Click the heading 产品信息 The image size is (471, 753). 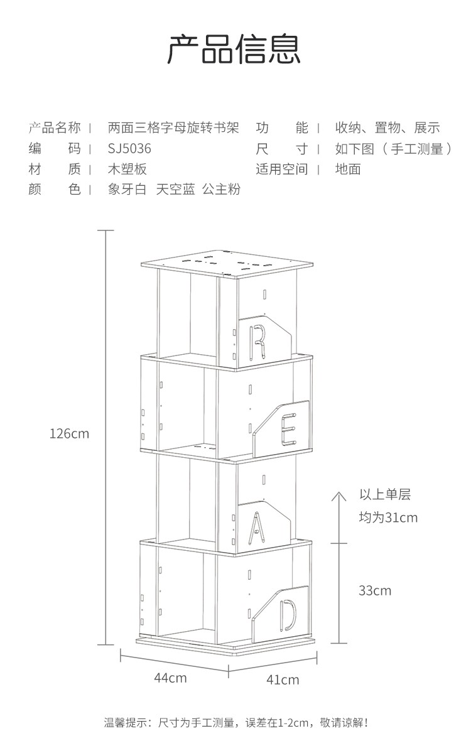tap(234, 50)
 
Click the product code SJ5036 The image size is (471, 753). tap(129, 149)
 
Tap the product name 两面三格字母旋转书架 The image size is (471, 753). tap(173, 128)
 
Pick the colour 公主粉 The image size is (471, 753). tap(221, 189)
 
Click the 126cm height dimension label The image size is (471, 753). tap(70, 433)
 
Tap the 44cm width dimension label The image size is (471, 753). tap(170, 678)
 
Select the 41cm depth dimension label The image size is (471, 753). tap(283, 680)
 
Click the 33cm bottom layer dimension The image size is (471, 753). tap(375, 590)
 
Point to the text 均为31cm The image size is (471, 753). tap(387, 517)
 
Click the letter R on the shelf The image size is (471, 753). tap(257, 341)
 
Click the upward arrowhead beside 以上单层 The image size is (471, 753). tap(338, 496)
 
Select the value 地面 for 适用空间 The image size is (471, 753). tap(348, 169)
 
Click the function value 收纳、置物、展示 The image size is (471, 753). tap(387, 128)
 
